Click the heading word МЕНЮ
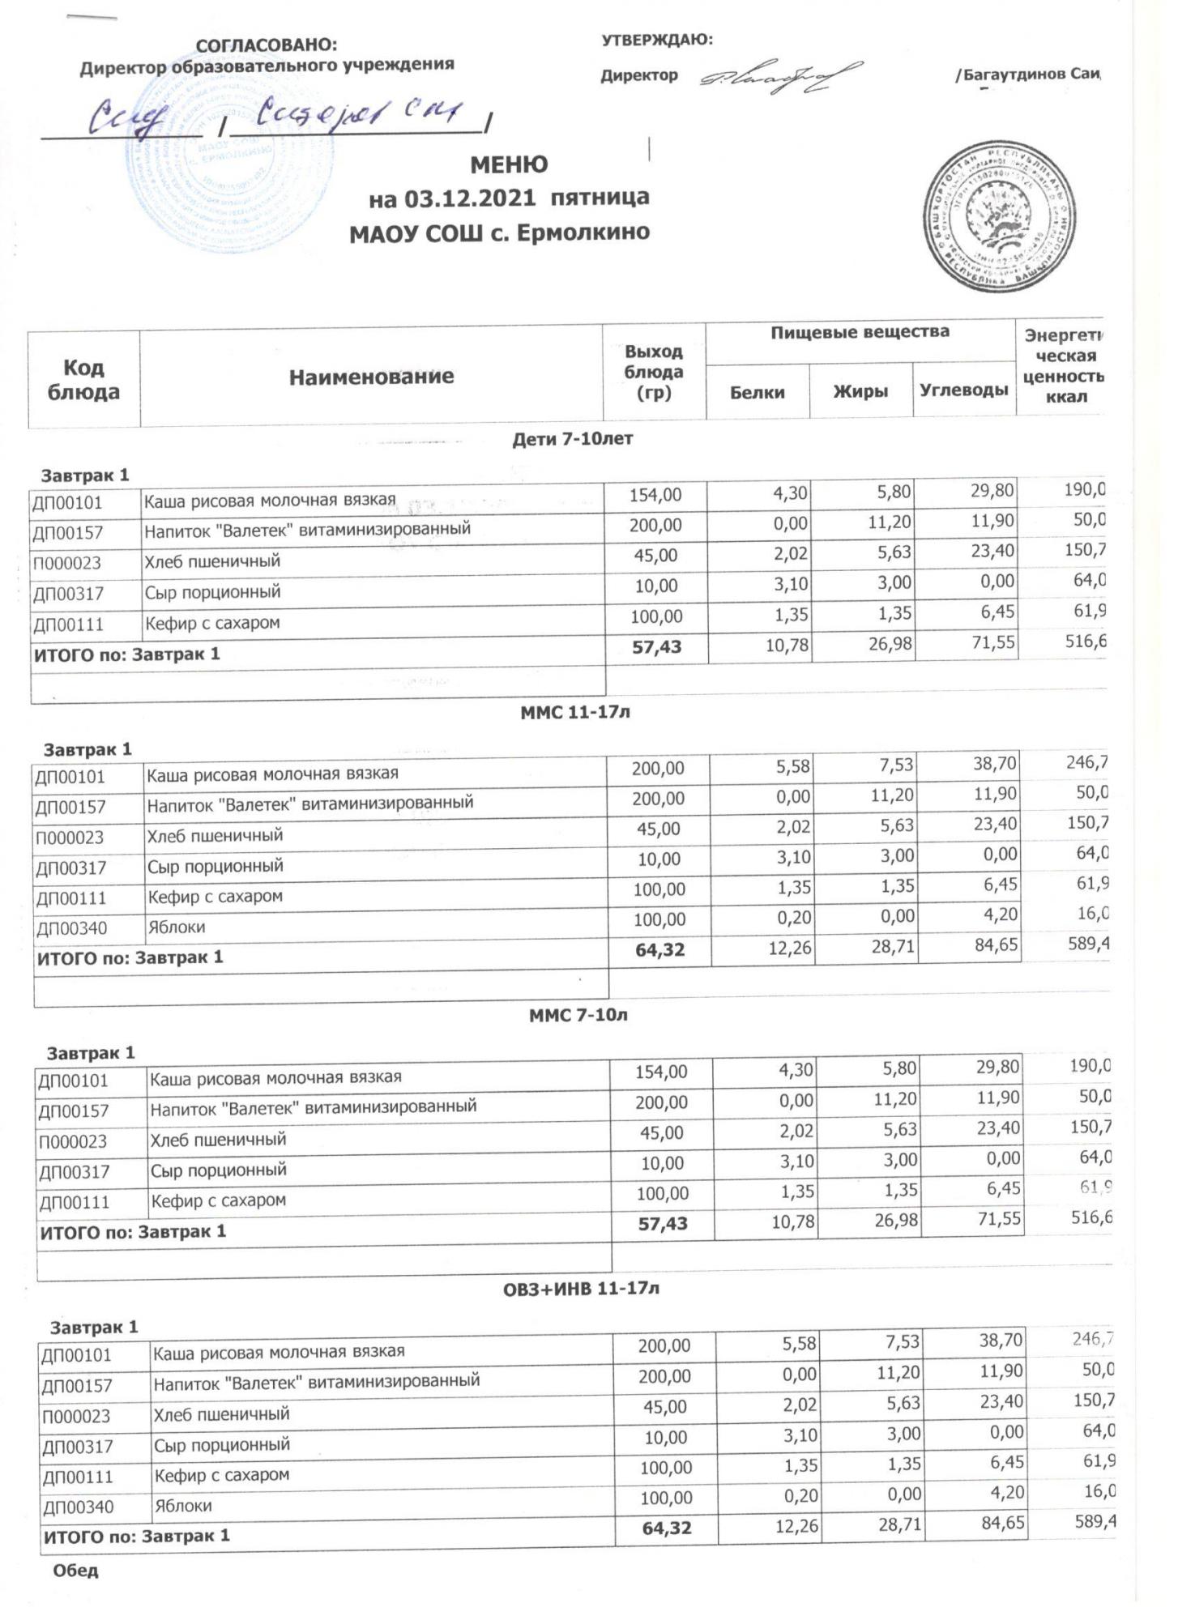coord(509,165)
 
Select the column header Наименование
coord(371,377)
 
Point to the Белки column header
coord(757,393)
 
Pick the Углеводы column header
coord(963,390)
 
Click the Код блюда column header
coord(83,380)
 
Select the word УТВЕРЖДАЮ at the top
coord(656,40)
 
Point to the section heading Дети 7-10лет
coord(573,439)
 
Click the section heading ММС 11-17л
coord(575,713)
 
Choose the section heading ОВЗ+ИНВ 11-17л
coord(582,1288)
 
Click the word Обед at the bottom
coord(75,1571)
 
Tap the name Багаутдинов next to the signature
coord(1014,75)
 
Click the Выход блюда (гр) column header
coord(653,373)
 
